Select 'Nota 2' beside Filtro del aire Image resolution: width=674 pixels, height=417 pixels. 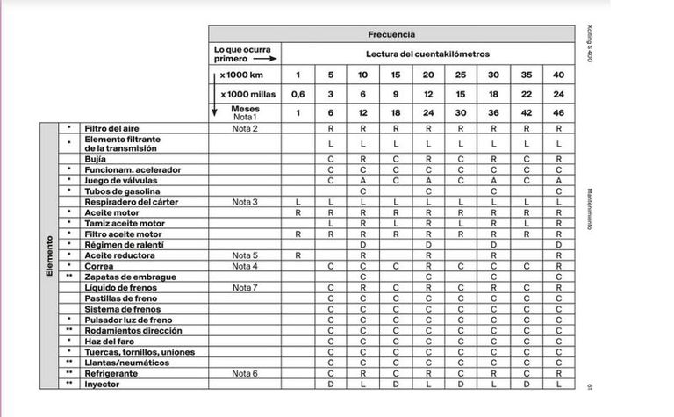coord(244,129)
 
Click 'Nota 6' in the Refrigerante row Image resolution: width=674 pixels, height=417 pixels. coord(244,372)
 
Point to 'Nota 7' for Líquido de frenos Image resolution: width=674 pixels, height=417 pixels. coord(244,287)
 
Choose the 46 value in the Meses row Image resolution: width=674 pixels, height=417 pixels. coord(559,113)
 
